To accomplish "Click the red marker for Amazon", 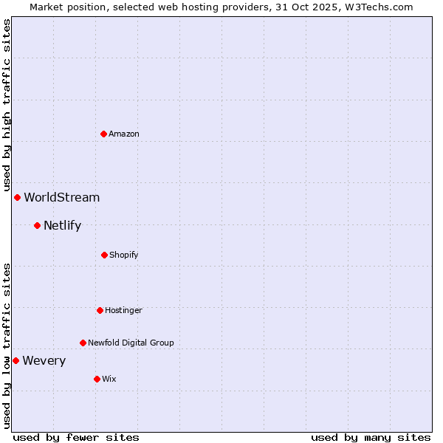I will [x=103, y=134].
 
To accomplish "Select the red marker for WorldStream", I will [x=17, y=197].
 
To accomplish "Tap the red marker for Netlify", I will [x=37, y=225].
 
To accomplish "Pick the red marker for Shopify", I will [x=104, y=255].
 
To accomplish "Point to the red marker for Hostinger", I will [x=100, y=310].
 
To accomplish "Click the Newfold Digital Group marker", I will [x=83, y=343].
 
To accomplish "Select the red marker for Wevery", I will [x=16, y=360].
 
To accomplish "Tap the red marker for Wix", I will [x=97, y=379].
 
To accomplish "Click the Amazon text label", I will [x=124, y=134].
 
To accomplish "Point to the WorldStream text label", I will [x=62, y=197].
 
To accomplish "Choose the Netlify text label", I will [x=62, y=225].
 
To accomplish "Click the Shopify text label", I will [x=124, y=255].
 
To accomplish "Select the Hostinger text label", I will [x=123, y=310].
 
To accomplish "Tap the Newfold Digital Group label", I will [x=131, y=343].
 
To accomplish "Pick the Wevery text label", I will [x=44, y=360].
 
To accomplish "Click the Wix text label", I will [x=109, y=379].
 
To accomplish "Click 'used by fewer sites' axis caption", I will [x=76, y=437].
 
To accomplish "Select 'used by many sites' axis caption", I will [x=371, y=437].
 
